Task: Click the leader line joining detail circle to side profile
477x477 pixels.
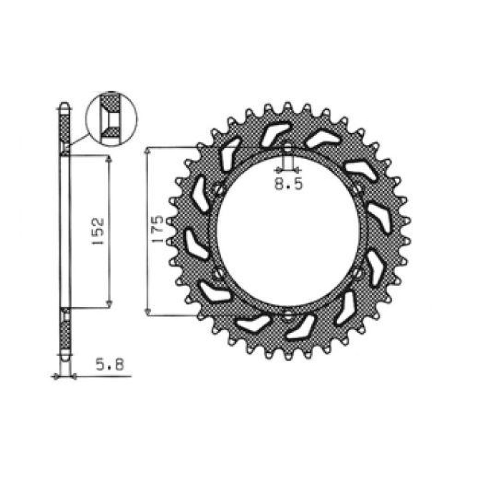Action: (x=79, y=139)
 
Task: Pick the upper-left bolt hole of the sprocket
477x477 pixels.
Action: (x=219, y=190)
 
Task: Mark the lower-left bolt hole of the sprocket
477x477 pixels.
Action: (x=218, y=273)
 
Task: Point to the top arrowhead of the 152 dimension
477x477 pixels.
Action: (x=108, y=158)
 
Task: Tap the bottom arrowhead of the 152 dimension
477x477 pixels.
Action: (x=108, y=304)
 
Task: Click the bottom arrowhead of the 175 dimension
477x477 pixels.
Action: (x=148, y=312)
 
